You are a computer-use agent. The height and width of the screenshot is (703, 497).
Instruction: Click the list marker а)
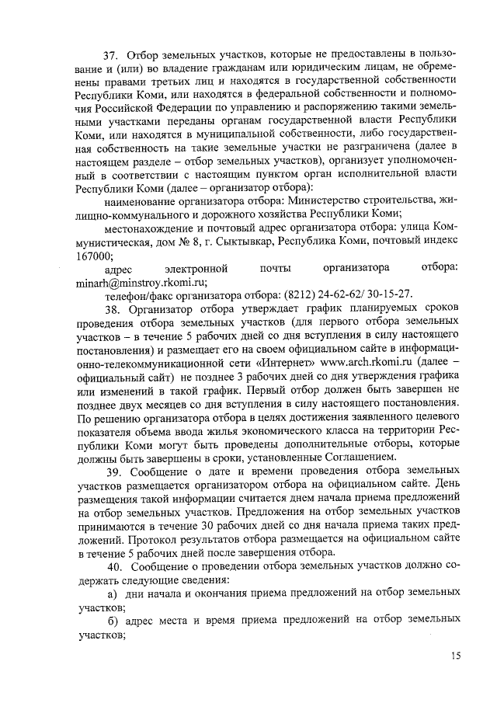coord(114,593)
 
